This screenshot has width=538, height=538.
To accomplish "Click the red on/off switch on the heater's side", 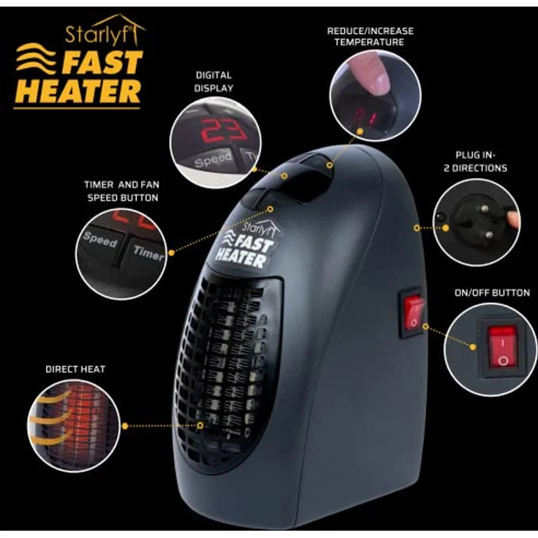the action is [413, 313].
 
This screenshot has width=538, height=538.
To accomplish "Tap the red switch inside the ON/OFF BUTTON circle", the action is [503, 347].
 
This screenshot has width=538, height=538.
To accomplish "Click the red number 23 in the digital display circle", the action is [223, 130].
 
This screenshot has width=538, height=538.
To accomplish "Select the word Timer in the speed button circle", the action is [148, 252].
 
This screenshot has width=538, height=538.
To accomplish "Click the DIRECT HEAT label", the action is [75, 369].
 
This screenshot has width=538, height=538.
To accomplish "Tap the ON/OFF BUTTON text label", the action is [492, 292].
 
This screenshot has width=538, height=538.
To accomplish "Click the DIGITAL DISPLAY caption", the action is [213, 82].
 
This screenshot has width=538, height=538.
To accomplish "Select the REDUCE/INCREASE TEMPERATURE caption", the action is [370, 37].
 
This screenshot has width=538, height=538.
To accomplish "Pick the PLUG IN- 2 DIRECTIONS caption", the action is [475, 162].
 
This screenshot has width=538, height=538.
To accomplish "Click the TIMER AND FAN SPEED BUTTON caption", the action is [122, 191].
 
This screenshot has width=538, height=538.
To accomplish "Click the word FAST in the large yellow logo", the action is [102, 62].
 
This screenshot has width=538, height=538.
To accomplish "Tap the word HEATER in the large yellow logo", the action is [78, 91].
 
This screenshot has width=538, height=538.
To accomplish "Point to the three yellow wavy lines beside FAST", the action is [36, 58].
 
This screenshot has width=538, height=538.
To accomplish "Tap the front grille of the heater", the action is [222, 370].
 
